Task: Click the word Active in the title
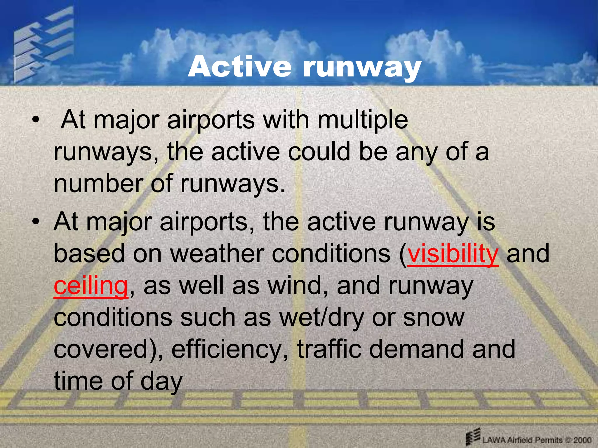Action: click(x=239, y=67)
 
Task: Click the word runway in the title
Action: click(x=362, y=68)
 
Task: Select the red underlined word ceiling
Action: click(x=91, y=286)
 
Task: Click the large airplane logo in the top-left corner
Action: click(x=44, y=44)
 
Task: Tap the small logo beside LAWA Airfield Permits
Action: click(x=473, y=436)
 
